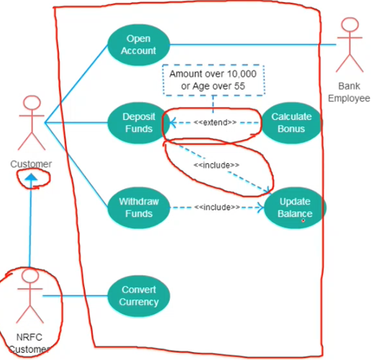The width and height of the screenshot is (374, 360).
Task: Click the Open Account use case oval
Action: click(x=139, y=45)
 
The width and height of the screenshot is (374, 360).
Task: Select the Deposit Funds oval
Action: click(x=139, y=123)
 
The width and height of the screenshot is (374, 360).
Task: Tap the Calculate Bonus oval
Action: click(x=291, y=123)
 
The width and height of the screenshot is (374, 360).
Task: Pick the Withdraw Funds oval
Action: click(x=139, y=208)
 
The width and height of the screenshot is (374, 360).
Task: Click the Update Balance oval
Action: click(x=295, y=208)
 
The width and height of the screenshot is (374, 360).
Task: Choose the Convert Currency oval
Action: click(x=139, y=296)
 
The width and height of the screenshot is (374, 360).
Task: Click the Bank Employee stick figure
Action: click(x=350, y=45)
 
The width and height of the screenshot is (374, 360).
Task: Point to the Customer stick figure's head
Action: click(x=32, y=103)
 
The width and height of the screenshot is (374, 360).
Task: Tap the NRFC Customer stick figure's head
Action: click(x=30, y=275)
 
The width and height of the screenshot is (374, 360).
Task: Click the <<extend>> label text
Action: click(x=215, y=122)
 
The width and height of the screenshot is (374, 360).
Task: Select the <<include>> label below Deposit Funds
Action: click(x=216, y=165)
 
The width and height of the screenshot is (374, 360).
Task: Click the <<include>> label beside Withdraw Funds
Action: click(x=216, y=207)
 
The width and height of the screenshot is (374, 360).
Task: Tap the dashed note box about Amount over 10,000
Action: click(x=214, y=80)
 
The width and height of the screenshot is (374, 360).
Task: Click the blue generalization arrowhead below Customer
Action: click(x=31, y=177)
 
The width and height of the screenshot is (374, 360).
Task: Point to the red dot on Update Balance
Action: click(x=303, y=221)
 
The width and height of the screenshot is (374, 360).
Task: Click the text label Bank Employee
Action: click(x=349, y=92)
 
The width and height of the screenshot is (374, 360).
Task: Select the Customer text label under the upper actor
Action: click(x=31, y=164)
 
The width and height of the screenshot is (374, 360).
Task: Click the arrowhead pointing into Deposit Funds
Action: click(x=173, y=123)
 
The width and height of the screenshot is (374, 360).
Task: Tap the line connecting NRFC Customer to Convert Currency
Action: click(x=75, y=296)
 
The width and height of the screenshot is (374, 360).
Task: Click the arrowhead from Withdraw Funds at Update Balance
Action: click(x=260, y=208)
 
